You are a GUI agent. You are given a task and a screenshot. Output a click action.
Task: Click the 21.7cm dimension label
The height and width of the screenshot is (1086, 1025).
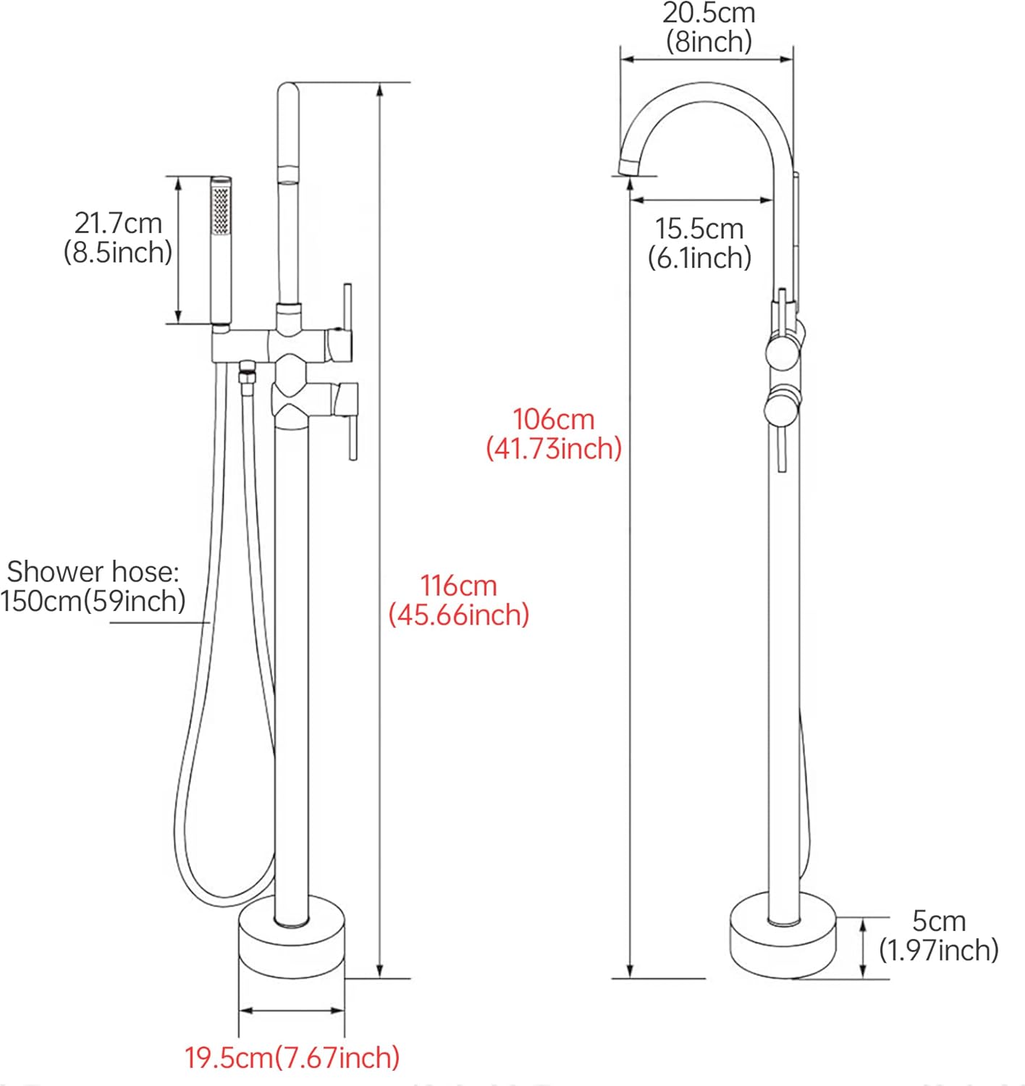118,223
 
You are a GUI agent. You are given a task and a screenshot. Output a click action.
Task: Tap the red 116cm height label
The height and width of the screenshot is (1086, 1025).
459,585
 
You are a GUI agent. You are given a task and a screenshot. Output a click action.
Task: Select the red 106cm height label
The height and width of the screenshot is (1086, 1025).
554,419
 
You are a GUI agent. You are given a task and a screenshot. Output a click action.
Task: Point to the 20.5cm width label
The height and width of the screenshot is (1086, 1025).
709,13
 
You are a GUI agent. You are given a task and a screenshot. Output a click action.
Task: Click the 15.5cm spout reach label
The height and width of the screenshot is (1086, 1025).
699,229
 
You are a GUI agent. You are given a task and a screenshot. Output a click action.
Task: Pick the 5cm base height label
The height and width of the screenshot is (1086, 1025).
939,921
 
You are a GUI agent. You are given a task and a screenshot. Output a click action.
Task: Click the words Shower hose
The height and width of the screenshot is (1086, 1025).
93,572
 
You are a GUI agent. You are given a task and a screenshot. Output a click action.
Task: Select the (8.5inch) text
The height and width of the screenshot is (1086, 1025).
118,253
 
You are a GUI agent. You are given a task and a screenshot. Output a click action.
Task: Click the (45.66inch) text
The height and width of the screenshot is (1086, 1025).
459,615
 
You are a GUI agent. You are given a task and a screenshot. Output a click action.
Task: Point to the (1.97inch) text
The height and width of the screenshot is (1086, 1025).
939,950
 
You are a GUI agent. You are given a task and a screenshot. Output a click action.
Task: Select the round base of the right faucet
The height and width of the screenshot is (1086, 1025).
783,938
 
